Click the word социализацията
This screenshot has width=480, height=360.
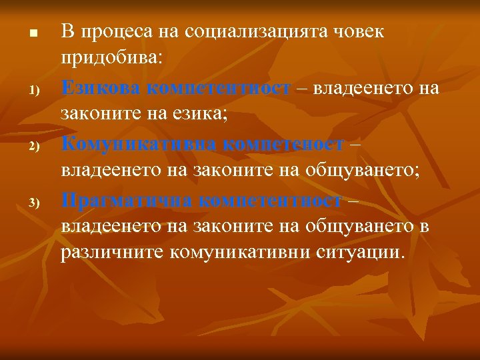coord(251,31)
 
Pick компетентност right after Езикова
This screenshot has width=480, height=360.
coord(219,88)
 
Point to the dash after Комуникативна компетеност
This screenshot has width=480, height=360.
coord(355,143)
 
